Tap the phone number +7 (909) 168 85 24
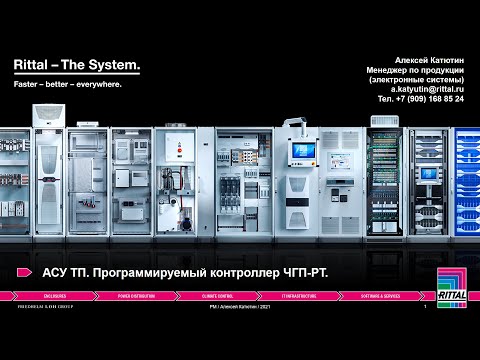coord(435,99)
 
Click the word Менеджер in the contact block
coord(398,69)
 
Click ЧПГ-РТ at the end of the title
coord(304,273)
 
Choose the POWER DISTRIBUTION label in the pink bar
coord(137,296)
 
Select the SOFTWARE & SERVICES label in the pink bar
coord(379,296)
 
